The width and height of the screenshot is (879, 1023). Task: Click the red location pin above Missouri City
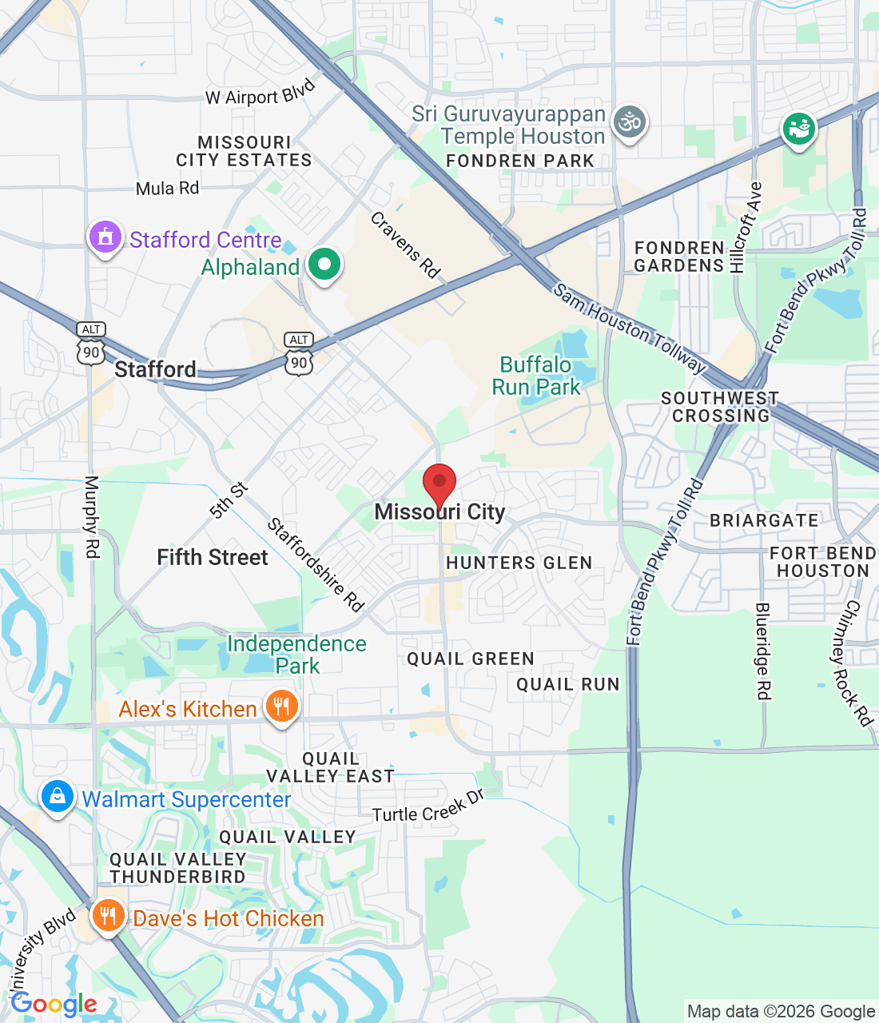pos(439,484)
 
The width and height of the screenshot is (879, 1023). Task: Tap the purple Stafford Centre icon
pos(105,237)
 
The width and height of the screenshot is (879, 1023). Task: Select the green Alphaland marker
pos(324,265)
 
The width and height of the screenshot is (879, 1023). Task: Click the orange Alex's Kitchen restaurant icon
pos(281,707)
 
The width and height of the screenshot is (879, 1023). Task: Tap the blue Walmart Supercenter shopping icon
pos(58,797)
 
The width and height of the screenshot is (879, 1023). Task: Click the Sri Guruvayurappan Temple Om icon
pos(630,122)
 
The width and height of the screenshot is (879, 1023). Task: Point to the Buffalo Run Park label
pos(536,376)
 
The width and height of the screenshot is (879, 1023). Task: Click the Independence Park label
pos(296,655)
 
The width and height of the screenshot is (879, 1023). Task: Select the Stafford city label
pos(155,369)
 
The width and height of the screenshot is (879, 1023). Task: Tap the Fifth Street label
pos(213,557)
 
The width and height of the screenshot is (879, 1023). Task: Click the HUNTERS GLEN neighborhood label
pos(519,563)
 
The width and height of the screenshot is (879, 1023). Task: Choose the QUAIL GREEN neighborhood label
pos(471,659)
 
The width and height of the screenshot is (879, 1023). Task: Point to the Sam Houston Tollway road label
pos(630,328)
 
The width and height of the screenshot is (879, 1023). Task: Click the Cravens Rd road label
pos(406,245)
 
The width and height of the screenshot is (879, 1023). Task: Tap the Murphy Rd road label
pos(92,517)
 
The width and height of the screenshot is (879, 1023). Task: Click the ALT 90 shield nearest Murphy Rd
pos(91,344)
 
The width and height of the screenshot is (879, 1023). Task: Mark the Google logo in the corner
pos(54,1004)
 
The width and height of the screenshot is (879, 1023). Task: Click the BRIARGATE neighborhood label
pos(764,520)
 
